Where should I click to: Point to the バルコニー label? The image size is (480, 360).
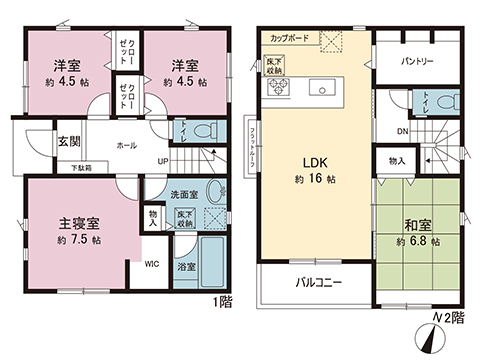[x=317, y=283]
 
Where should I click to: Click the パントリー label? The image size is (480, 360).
[x=416, y=61]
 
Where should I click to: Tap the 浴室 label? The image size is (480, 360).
[x=186, y=267]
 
